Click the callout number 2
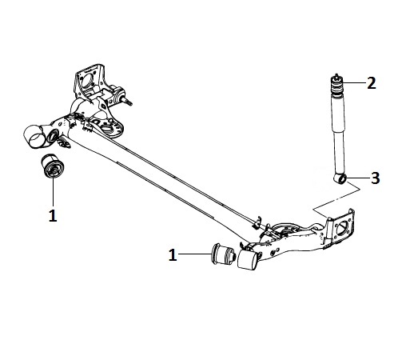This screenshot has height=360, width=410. click(x=372, y=83)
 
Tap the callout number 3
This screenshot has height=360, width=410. click(x=376, y=178)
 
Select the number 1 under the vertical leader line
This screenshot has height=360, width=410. click(x=53, y=215)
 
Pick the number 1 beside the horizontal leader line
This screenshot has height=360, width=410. click(x=173, y=254)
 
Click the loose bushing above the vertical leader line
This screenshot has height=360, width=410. click(x=53, y=166)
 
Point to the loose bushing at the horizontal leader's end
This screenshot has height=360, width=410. click(x=223, y=254)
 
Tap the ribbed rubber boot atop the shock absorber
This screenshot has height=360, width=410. click(x=336, y=86)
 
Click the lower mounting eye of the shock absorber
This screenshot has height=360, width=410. click(x=340, y=178)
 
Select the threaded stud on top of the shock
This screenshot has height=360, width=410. click(x=336, y=75)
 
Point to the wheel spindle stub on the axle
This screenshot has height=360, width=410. click(x=126, y=101)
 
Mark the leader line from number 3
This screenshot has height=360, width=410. click(x=358, y=178)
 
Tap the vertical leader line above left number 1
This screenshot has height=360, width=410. click(x=53, y=192)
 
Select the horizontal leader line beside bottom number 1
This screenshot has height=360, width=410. click(x=194, y=254)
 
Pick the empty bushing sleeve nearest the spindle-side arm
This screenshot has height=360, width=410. click(x=36, y=136)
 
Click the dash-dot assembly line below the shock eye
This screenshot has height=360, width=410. click(x=337, y=198)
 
